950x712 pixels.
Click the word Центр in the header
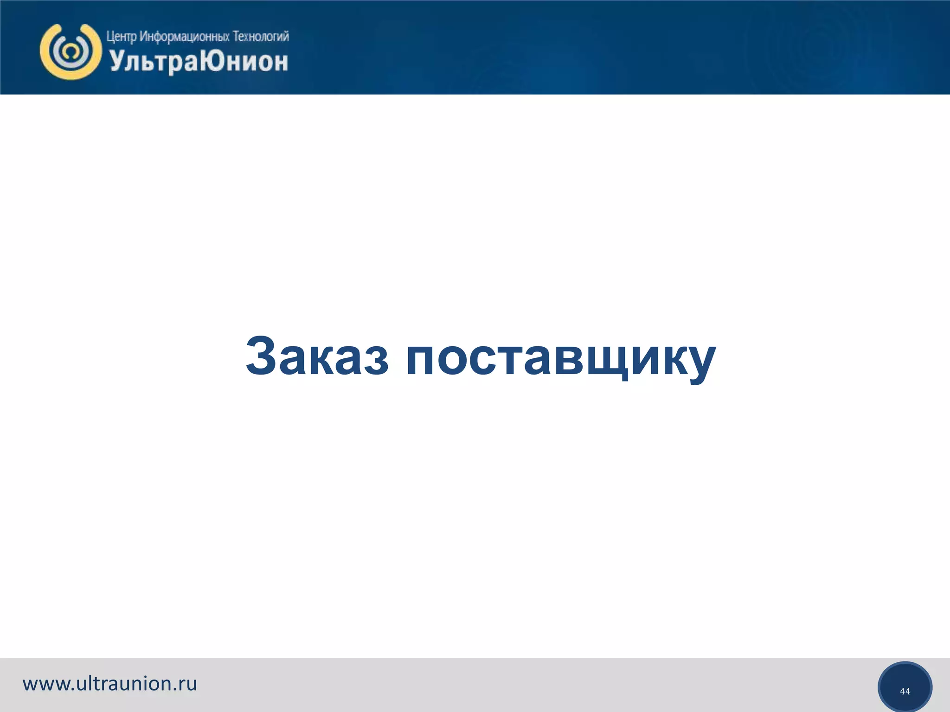coord(122,37)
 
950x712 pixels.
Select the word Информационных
coord(184,37)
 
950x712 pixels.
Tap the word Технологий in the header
coord(260,36)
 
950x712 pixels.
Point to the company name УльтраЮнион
coord(199,62)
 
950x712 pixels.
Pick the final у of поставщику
coord(699,364)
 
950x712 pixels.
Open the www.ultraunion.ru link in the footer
coord(110,684)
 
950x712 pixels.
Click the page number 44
coord(905,691)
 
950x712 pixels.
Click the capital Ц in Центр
coord(110,37)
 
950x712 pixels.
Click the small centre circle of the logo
coord(71,51)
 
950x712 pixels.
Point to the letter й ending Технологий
coord(285,36)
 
